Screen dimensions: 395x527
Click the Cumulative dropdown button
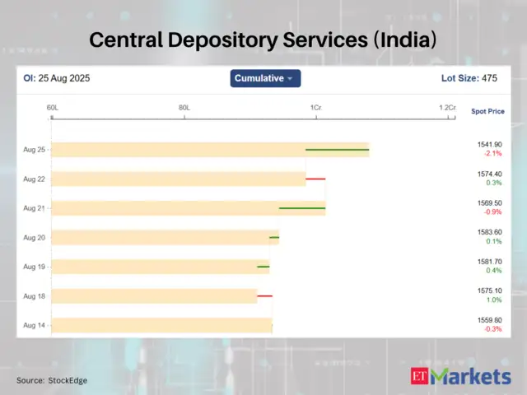265,78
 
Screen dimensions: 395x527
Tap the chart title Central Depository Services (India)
263,39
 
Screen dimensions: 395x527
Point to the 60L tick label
52,108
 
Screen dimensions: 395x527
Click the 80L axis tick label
184,108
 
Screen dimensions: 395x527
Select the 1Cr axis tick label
315,108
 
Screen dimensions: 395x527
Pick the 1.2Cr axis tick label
446,108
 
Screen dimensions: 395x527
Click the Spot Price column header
487,111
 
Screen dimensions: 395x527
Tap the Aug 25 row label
35,150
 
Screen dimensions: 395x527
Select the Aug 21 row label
35,208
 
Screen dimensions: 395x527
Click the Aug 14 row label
35,325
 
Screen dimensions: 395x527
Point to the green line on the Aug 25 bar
337,150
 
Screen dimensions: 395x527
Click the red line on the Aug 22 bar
315,179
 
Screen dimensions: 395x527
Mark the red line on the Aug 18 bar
264,295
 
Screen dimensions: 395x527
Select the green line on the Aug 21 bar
302,208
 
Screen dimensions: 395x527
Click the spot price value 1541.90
489,145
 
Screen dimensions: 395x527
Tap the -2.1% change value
492,154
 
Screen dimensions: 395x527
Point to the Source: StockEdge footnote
52,380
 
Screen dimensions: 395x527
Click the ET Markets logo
460,377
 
